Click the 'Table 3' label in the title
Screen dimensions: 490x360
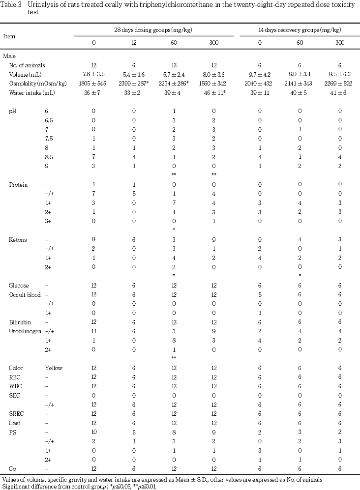tap(12, 4)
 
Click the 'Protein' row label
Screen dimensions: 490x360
tap(18, 185)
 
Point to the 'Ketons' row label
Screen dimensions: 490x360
tap(18, 239)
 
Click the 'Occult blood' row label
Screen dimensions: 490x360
tap(25, 294)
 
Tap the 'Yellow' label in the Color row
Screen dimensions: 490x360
tap(54, 368)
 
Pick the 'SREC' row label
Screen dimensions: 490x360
tap(16, 413)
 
